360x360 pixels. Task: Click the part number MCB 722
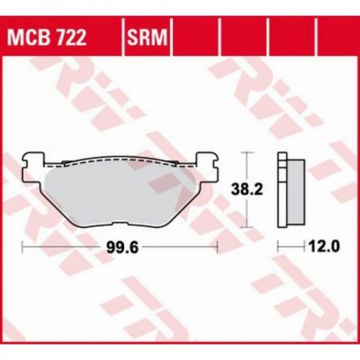click(46, 38)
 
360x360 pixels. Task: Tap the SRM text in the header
click(147, 38)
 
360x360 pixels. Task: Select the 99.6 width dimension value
click(123, 248)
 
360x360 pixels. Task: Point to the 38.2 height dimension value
click(247, 189)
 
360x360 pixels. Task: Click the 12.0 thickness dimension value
click(325, 246)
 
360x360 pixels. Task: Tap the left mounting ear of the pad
click(33, 167)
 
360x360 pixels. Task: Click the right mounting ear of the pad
click(207, 167)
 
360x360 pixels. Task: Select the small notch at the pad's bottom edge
click(120, 224)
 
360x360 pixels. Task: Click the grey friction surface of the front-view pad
click(120, 195)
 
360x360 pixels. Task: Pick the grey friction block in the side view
click(296, 192)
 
